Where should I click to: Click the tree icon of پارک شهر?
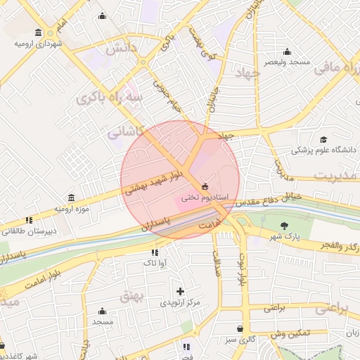tap(284, 226)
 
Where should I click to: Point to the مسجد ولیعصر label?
tap(287, 62)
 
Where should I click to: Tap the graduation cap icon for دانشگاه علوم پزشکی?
tap(323, 139)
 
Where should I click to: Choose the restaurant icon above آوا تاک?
tap(154, 252)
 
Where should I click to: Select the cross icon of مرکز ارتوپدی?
tap(180, 291)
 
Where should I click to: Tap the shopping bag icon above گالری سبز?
tap(240, 328)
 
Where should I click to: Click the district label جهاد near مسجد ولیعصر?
tap(248, 73)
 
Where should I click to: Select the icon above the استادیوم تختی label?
tap(205, 186)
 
